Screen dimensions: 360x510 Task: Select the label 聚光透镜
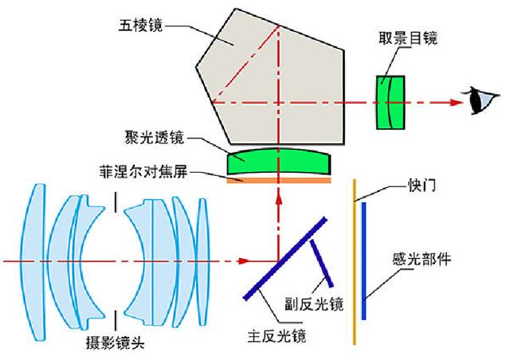coord(154,139)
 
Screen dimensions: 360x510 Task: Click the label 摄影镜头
coord(116,344)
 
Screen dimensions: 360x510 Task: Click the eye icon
coord(480,101)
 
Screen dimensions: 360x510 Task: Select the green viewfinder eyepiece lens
coord(390,101)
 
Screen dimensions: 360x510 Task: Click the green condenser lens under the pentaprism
coord(278,162)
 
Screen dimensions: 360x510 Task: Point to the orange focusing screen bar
coord(278,180)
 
